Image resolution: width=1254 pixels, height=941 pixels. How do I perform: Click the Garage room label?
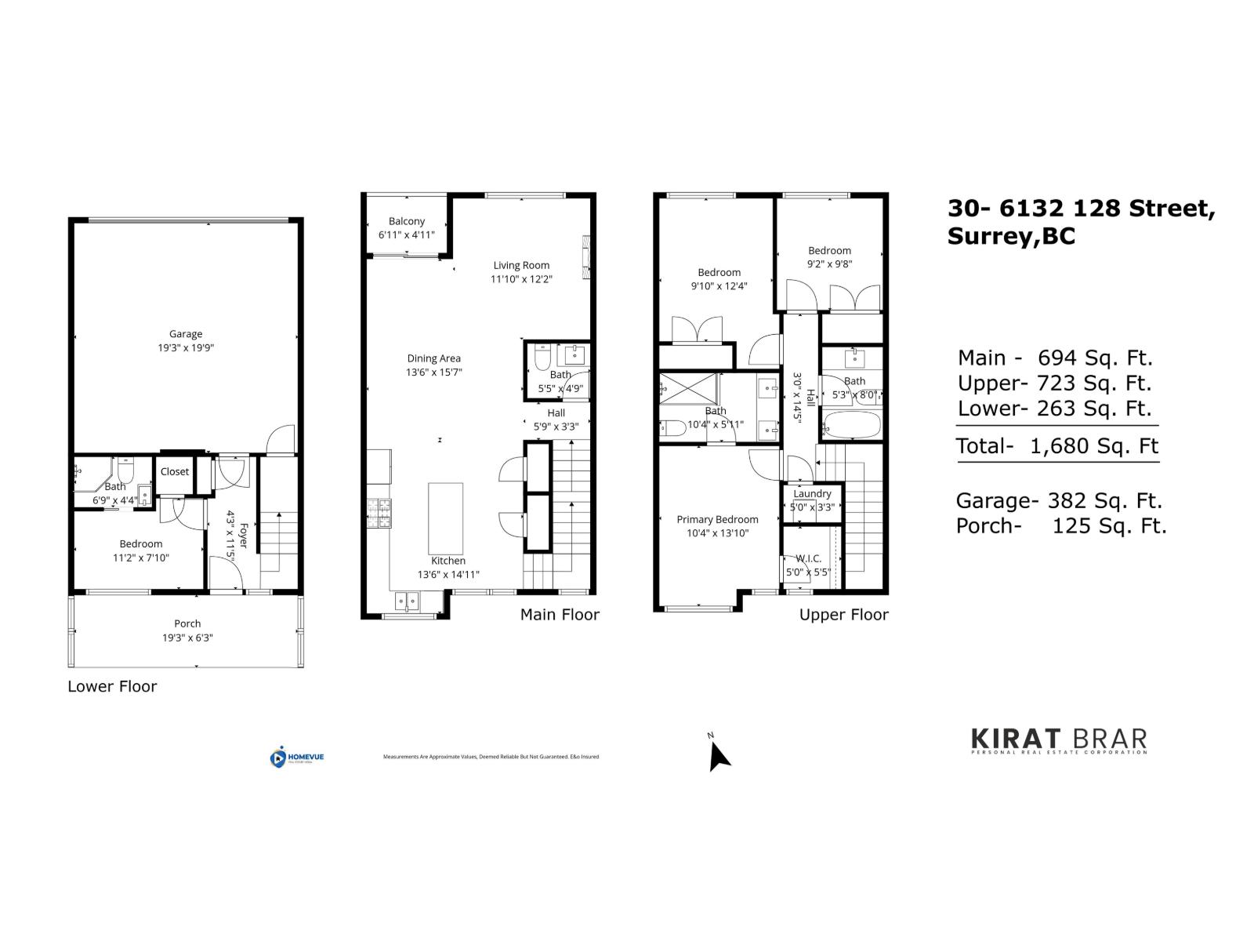coord(186,334)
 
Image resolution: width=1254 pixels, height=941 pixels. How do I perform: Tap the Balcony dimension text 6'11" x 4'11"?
coord(406,234)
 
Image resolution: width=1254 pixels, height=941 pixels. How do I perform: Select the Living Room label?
coord(521,265)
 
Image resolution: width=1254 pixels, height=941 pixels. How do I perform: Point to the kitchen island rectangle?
coord(445,518)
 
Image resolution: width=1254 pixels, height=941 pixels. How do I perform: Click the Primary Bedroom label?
coord(717,519)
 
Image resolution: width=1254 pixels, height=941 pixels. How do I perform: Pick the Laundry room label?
coord(812,493)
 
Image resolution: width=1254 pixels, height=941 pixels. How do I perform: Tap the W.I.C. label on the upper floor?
coord(808,558)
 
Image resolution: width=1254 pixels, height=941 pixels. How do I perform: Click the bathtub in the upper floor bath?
coord(851,426)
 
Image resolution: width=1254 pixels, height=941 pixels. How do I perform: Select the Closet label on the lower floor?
coord(175,471)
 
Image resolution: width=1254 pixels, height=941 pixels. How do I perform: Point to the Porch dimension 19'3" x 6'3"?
coord(187,638)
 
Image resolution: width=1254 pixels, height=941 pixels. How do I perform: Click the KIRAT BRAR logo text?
coord(1059,739)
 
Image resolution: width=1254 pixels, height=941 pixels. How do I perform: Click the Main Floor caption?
coord(560,615)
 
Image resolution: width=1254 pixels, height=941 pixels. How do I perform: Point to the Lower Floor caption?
coord(112,686)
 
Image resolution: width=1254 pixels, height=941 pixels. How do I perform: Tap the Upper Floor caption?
coord(843,615)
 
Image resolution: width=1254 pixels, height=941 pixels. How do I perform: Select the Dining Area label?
coord(433,358)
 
